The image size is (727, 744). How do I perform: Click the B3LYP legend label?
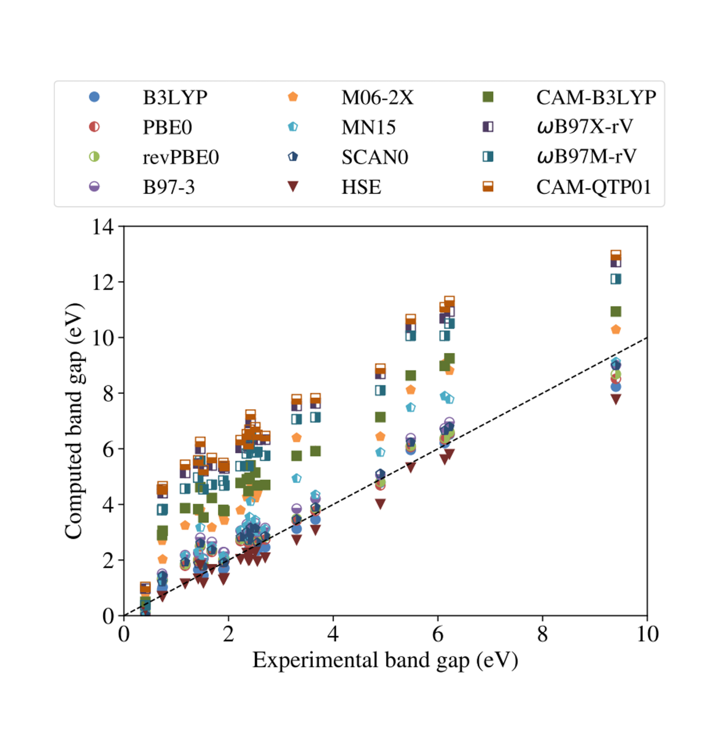pos(175,97)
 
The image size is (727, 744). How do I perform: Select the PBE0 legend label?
pos(167,127)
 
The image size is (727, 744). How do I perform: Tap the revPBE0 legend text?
pos(180,157)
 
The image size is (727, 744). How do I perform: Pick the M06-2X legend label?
pos(377,97)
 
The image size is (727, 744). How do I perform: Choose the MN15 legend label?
pos(368,127)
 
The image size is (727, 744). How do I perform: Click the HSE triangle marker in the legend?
pos(293,186)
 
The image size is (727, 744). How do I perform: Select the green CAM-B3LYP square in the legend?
pos(488,97)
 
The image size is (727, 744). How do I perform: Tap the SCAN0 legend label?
pos(375,157)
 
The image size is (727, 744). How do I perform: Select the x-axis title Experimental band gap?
pos(385,660)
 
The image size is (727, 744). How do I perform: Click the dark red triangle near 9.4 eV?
pos(616,399)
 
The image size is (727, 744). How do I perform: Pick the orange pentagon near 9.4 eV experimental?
pos(616,330)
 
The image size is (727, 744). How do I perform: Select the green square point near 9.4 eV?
pos(616,311)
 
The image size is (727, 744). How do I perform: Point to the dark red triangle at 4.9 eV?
pos(380,504)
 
